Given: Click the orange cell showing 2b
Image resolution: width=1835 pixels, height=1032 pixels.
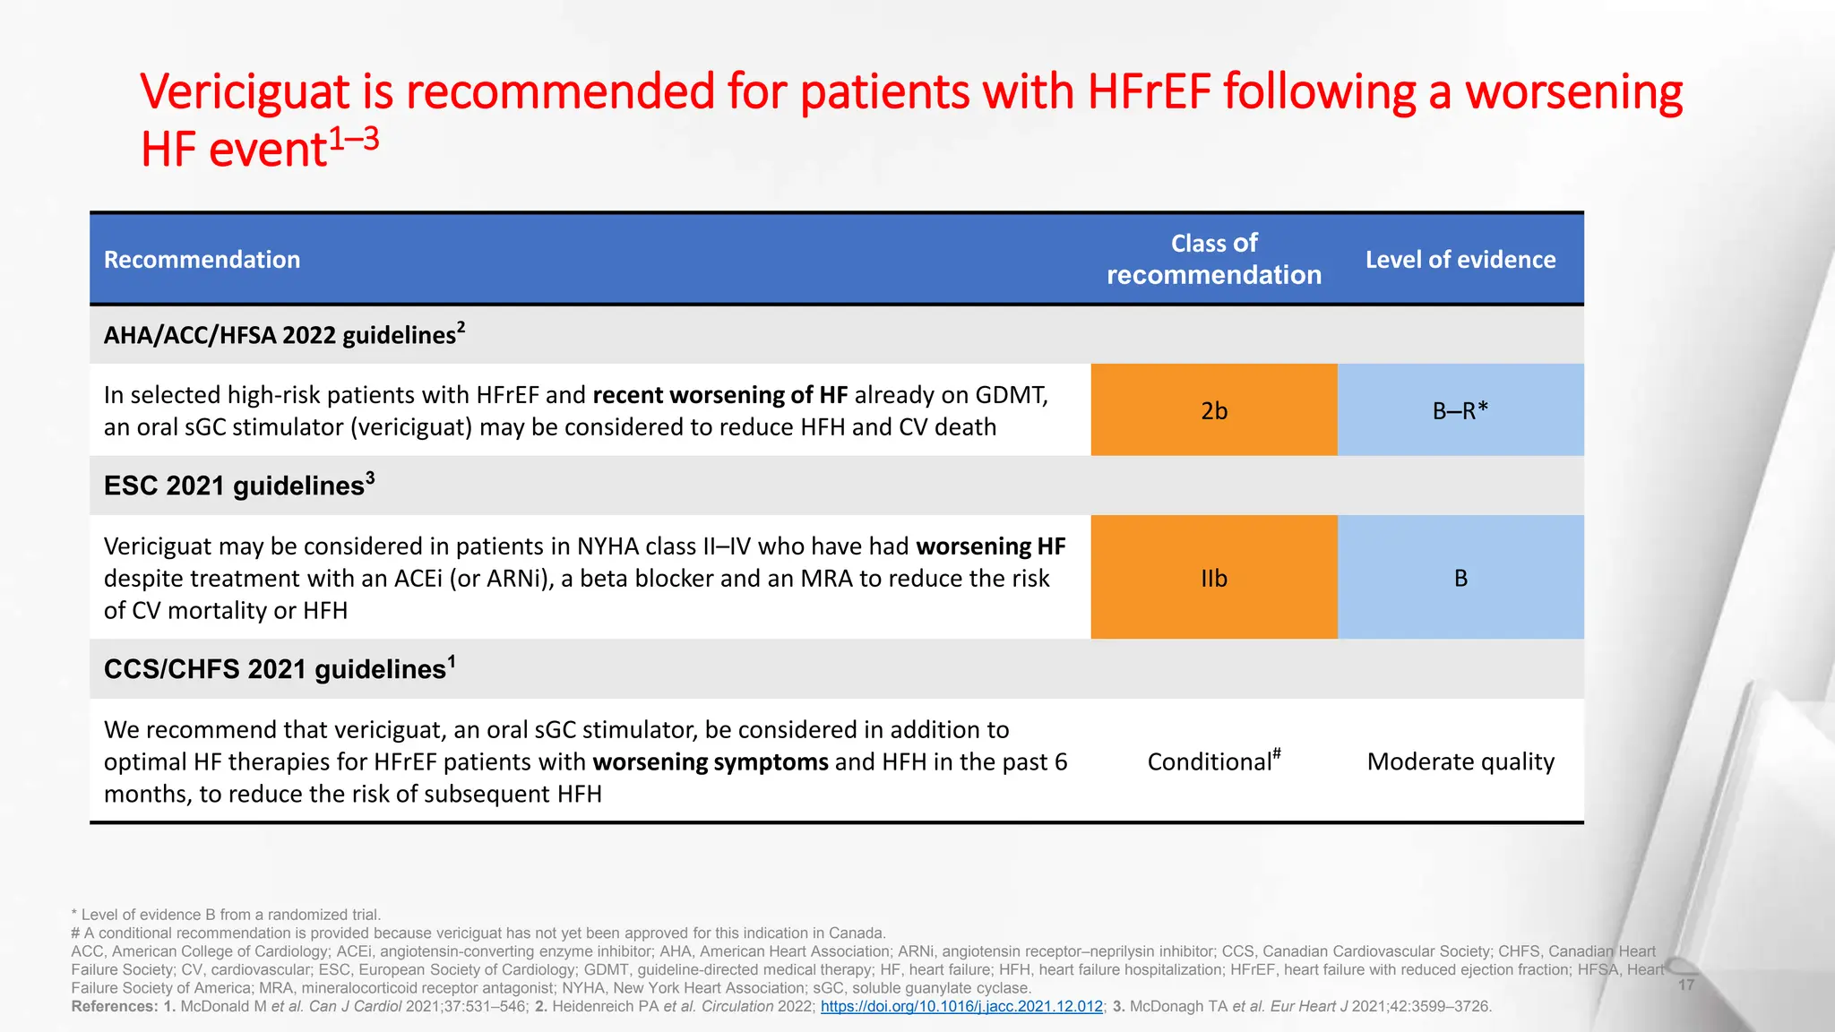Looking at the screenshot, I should point(1213,410).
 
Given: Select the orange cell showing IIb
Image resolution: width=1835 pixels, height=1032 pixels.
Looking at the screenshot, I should point(1213,578).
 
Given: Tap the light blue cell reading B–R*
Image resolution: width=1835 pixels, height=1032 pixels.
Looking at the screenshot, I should point(1460,410).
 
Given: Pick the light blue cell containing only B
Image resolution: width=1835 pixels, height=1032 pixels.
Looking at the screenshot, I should point(1460,578).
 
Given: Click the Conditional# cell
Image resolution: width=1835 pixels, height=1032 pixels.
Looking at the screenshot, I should point(1213,761).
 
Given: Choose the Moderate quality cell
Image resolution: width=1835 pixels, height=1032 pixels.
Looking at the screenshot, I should point(1460,761).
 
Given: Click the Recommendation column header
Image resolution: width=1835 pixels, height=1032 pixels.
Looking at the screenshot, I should point(202,260).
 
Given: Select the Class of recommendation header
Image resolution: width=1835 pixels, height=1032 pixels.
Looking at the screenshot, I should point(1213,259).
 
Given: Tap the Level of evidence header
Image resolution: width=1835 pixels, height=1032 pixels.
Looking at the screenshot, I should point(1460,260).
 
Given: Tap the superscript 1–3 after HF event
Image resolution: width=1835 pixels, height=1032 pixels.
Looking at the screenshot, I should point(354,139).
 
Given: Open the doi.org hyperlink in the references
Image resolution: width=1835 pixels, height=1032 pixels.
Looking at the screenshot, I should point(961,1006).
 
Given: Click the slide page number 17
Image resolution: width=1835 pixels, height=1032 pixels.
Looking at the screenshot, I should point(1685,985).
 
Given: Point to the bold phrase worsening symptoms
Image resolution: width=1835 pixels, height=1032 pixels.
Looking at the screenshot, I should point(710,761).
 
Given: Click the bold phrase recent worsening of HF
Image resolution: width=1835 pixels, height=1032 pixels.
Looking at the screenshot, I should point(719,395).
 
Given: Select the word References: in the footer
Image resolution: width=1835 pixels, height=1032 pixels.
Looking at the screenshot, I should point(114,1006).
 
